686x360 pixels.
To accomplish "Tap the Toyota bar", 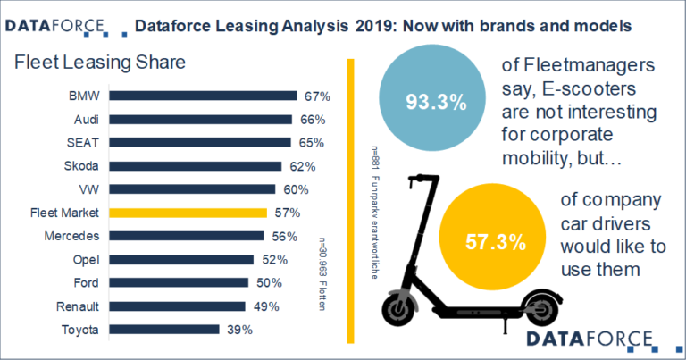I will (169, 330).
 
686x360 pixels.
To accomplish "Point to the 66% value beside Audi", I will (310, 119).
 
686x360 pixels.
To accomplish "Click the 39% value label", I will (238, 330).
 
